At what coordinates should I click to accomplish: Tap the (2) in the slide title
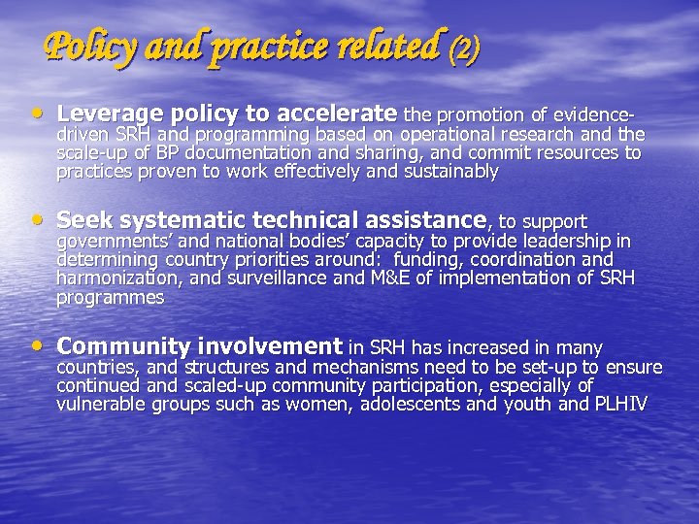tap(464, 48)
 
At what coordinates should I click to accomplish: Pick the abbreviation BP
tap(165, 153)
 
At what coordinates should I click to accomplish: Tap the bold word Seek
tap(83, 221)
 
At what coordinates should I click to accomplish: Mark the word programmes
tap(110, 298)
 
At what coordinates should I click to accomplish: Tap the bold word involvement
tap(269, 346)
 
